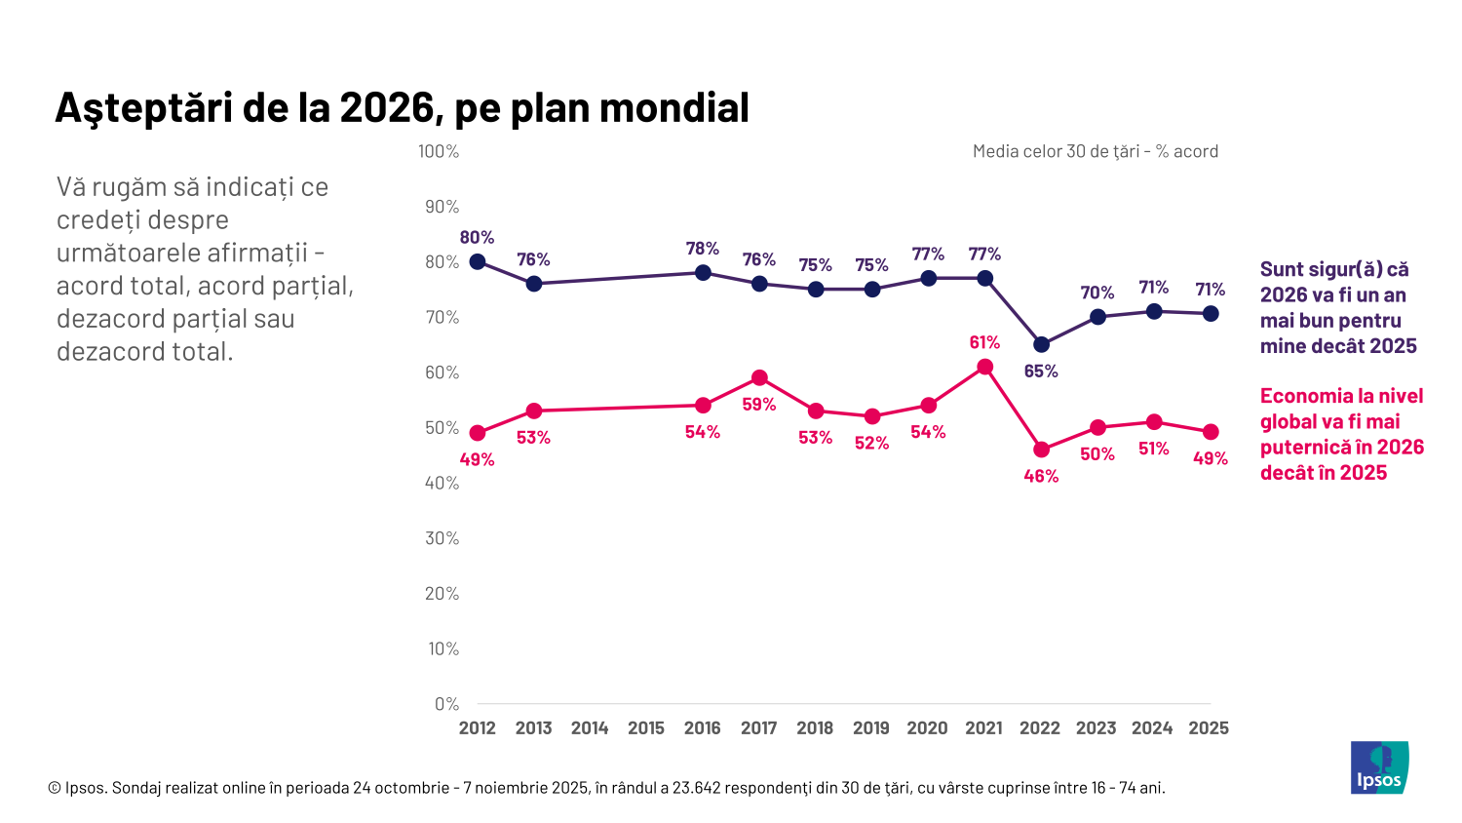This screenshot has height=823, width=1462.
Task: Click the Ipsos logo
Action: click(1379, 767)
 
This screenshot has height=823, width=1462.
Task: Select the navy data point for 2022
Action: click(1041, 344)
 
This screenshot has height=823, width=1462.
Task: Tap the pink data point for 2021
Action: click(984, 367)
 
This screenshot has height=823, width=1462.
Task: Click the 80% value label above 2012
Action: click(477, 237)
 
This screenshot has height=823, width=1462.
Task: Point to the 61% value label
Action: click(984, 342)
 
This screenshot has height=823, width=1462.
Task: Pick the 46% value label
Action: click(1041, 476)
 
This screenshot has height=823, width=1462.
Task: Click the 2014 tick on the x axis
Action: click(590, 728)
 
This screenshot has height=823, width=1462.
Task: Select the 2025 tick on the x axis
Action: click(1209, 728)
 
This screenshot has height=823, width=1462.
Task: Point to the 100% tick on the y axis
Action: click(439, 151)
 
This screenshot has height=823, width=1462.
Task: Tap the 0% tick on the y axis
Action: click(446, 704)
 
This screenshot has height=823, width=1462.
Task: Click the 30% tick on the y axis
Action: click(442, 538)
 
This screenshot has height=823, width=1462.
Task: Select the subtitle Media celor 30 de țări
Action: click(1096, 151)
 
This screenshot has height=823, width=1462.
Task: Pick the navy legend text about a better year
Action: click(1337, 307)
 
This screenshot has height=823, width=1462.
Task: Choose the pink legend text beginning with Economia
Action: click(1341, 434)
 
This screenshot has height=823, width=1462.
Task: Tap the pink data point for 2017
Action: click(759, 377)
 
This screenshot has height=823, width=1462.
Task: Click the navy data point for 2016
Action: click(703, 272)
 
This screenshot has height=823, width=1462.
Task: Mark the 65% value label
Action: click(1041, 371)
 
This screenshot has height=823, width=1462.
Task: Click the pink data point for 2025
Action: click(1210, 432)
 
